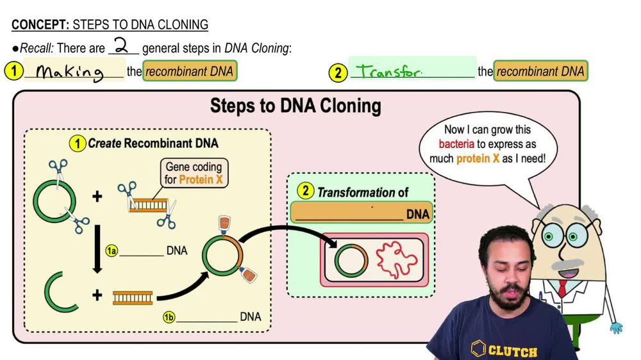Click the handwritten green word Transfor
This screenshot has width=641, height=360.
pyautogui.click(x=389, y=72)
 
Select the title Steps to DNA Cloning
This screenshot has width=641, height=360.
pyautogui.click(x=296, y=106)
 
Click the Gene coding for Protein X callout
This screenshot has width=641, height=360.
pyautogui.click(x=194, y=173)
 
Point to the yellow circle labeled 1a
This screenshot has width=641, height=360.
pyautogui.click(x=112, y=251)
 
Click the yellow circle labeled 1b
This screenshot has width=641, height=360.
pyautogui.click(x=169, y=316)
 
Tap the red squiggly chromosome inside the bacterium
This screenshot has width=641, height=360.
pyautogui.click(x=395, y=260)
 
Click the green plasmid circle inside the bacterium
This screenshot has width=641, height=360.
pyautogui.click(x=351, y=260)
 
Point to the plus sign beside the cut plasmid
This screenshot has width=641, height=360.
pyautogui.click(x=97, y=295)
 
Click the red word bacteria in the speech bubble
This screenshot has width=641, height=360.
pyautogui.click(x=456, y=144)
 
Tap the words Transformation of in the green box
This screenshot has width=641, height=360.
pyautogui.click(x=362, y=192)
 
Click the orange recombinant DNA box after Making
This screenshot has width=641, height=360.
pyautogui.click(x=190, y=71)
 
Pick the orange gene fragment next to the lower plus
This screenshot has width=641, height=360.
pyautogui.click(x=133, y=297)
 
